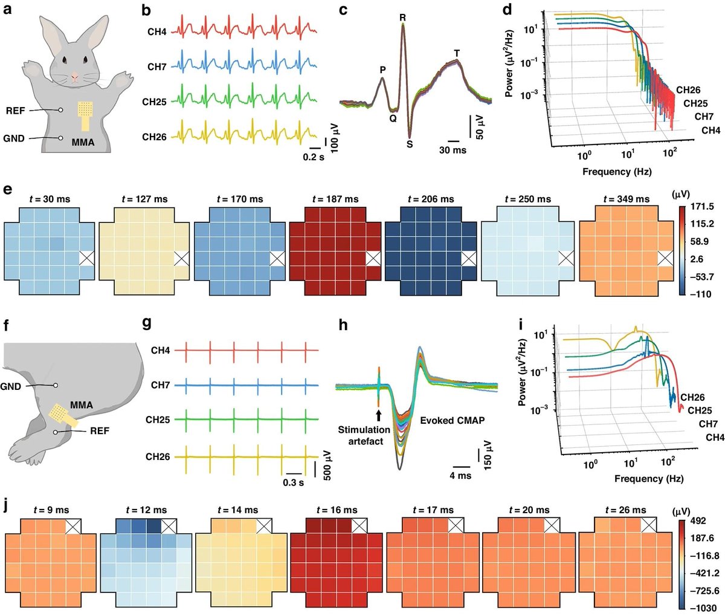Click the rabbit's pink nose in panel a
pyautogui.click(x=74, y=77)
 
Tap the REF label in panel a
pyautogui.click(x=15, y=111)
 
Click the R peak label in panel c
pyautogui.click(x=402, y=18)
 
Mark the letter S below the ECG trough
pyautogui.click(x=410, y=144)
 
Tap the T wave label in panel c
pyautogui.click(x=457, y=54)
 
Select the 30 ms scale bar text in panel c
pyautogui.click(x=453, y=150)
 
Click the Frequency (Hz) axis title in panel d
pyautogui.click(x=617, y=172)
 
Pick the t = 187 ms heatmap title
pyautogui.click(x=335, y=199)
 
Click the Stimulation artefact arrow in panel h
pyautogui.click(x=378, y=415)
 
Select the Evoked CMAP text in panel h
pyautogui.click(x=453, y=420)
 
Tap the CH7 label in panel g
pyautogui.click(x=160, y=385)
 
